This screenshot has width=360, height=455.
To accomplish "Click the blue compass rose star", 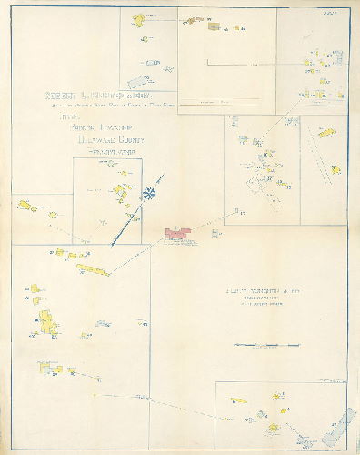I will (x=145, y=193).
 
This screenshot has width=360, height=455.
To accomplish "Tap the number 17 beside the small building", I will (x=242, y=212).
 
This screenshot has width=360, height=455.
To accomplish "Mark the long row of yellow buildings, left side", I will (x=91, y=269).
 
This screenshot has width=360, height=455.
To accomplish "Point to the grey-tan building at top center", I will (x=215, y=28).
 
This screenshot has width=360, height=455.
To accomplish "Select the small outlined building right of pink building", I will (x=215, y=233).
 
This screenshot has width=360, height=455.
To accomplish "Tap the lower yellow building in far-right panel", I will (x=335, y=169).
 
